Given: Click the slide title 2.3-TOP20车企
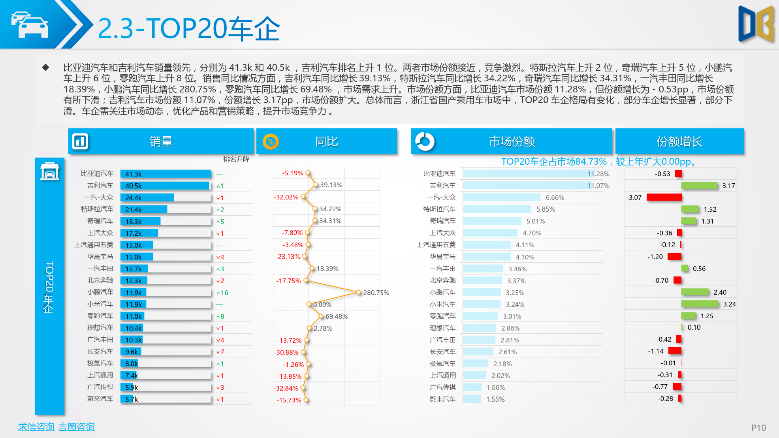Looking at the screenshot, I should pos(189,28).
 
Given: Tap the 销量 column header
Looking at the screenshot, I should pos(161,141).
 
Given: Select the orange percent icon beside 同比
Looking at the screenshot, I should pos(271,141).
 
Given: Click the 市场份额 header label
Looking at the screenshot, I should pos(512,141).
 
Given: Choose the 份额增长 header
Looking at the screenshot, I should pos(679,141).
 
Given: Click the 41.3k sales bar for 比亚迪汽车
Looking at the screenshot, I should pos(166,174).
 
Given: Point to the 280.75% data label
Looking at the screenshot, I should pos(376,293).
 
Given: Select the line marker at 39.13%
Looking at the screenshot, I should pos(315,184).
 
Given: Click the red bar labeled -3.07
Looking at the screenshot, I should pos(664,197).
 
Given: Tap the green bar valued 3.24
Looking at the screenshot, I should pos(700,304).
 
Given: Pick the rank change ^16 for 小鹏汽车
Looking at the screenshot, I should pos(222,293).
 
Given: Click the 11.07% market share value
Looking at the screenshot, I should pos(598,186).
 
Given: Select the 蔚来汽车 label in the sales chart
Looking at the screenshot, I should pos(100,399).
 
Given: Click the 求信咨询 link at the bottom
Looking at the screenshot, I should pos(36,427).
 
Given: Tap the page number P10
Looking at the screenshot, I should pos(758,428).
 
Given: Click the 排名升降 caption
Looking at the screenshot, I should pos(236,159).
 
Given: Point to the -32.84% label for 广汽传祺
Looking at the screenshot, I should pos(286,388).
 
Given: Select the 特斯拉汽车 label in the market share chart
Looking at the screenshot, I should pos(439,209).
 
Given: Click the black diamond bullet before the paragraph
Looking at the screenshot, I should pos(46,68).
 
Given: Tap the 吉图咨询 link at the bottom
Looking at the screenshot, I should pos(76,427).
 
